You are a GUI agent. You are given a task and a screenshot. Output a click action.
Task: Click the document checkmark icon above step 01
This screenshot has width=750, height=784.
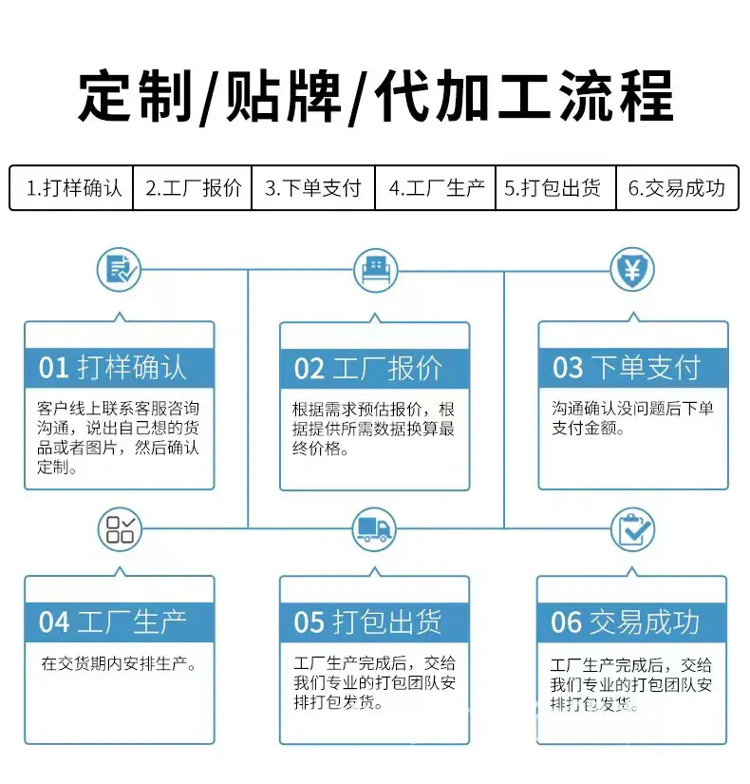click(119, 270)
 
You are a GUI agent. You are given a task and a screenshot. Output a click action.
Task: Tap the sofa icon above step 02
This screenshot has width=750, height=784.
click(376, 271)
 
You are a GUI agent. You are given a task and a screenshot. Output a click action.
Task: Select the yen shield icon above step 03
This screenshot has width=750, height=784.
click(632, 270)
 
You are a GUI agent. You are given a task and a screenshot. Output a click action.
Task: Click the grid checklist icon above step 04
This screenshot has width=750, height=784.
click(120, 529)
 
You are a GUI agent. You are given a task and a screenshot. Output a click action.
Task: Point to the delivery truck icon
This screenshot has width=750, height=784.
click(374, 529)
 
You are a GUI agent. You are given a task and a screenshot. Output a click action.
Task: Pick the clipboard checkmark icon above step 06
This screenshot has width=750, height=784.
click(633, 529)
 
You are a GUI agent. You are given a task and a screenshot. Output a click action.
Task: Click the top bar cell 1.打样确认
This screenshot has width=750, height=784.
click(71, 188)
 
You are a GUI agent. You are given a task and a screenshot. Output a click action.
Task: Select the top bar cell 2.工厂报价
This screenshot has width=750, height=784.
click(193, 188)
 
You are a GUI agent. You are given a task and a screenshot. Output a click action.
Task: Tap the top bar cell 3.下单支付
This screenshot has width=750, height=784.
click(313, 188)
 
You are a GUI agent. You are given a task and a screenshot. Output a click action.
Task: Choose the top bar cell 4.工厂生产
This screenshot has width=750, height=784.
click(435, 188)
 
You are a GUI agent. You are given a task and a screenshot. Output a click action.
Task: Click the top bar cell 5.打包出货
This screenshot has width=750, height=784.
click(555, 188)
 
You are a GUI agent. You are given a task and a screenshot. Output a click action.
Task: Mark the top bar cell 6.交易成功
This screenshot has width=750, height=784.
click(677, 188)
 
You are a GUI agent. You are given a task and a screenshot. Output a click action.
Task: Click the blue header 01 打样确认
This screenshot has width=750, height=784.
click(120, 368)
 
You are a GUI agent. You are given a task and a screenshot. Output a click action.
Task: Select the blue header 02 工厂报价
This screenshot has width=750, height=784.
click(375, 369)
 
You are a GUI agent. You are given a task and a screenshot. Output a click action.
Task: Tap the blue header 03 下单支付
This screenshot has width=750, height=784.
click(633, 368)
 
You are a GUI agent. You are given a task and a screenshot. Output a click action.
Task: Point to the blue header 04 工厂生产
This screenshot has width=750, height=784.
click(120, 622)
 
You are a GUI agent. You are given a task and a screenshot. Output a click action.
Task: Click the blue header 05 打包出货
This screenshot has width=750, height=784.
click(375, 622)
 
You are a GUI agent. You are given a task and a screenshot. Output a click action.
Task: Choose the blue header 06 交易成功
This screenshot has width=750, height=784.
click(631, 622)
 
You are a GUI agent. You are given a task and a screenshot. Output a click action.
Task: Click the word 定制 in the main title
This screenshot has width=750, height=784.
click(136, 96)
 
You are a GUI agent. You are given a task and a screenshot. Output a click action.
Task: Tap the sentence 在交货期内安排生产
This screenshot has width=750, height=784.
click(119, 663)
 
